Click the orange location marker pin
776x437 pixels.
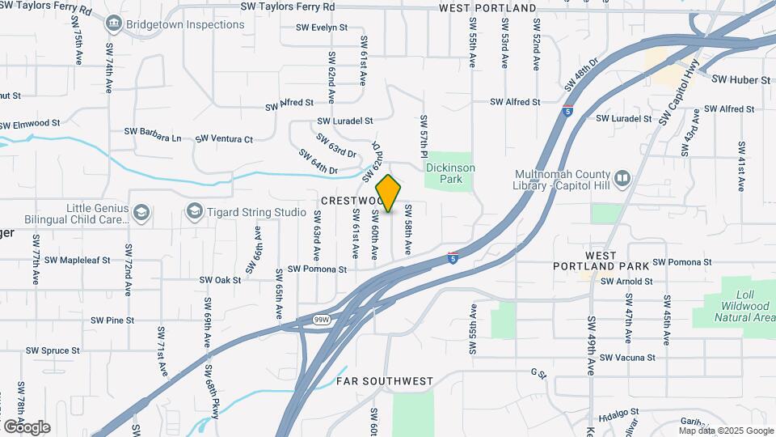388,193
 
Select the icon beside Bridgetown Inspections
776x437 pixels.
113,24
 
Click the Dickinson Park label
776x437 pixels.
450,173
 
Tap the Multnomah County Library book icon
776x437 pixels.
622,177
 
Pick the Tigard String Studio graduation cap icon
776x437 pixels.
194,212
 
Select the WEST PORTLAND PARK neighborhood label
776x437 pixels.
612,261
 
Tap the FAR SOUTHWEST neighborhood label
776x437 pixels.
385,380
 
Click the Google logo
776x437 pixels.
27,426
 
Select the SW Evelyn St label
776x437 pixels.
322,28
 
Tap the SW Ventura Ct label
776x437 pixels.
226,139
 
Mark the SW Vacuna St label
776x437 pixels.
627,357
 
